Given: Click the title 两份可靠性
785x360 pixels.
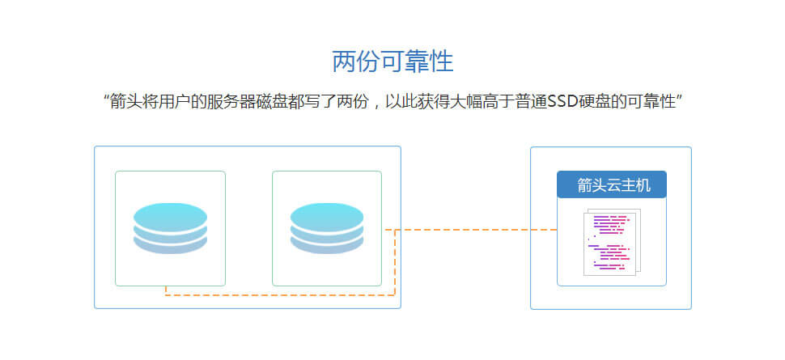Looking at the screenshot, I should (392, 62).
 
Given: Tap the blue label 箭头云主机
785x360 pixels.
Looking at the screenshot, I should (612, 184).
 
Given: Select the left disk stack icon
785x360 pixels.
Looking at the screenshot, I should (170, 228).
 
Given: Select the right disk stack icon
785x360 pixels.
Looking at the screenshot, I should (327, 228).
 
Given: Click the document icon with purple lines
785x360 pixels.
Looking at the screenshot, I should (612, 242).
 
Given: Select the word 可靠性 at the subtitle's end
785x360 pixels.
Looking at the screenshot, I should (651, 103).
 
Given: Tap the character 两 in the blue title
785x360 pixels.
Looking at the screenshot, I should (344, 62).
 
